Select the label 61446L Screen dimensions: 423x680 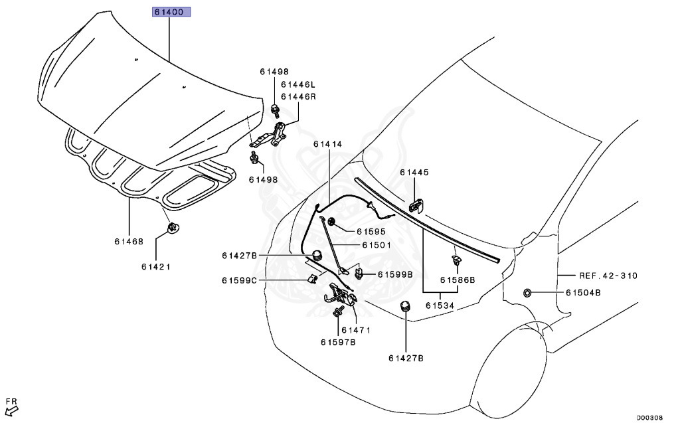298,84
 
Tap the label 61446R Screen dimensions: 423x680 298,96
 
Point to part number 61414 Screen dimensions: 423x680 328,143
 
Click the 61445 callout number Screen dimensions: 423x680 414,172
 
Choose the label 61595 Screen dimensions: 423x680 371,232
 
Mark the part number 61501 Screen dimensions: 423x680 377,244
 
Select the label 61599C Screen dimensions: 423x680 239,281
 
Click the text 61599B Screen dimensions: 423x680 395,274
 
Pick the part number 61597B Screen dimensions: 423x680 338,342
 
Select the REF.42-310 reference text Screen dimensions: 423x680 607,276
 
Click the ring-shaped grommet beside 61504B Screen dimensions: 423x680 527,293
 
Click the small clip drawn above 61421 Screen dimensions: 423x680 172,229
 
